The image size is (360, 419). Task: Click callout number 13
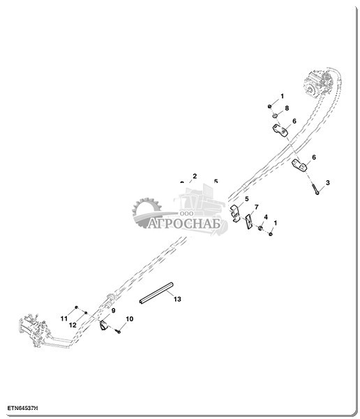[177, 299]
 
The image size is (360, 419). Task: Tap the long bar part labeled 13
[156, 293]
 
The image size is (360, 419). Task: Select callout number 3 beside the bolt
[328, 183]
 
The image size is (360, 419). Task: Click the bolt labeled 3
[315, 189]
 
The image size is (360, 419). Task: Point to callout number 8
[287, 108]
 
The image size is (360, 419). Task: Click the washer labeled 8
[275, 116]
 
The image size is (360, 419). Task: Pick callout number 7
[256, 207]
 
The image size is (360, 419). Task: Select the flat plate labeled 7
[249, 221]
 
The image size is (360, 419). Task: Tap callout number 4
[266, 217]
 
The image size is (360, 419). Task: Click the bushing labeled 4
[260, 228]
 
